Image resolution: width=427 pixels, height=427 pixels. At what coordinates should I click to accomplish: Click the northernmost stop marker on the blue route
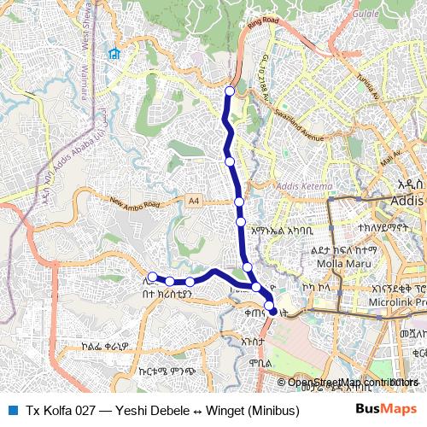(x=229, y=91)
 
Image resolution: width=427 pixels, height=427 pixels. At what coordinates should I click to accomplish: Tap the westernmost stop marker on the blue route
(x=152, y=277)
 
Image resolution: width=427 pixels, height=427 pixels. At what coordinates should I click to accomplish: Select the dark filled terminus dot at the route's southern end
(x=273, y=313)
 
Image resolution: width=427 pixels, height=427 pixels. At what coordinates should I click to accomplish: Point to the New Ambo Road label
(x=135, y=205)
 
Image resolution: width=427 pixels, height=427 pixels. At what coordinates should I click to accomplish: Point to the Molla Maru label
(x=337, y=263)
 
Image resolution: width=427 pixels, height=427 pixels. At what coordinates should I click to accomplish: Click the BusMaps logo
(x=385, y=407)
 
